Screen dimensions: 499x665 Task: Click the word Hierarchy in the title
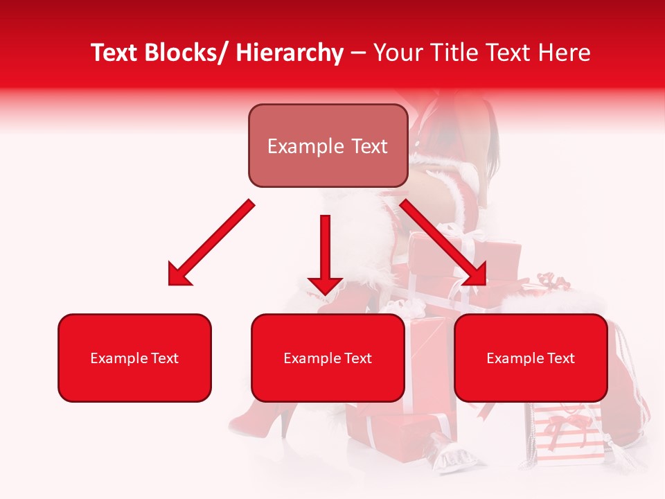point(290,53)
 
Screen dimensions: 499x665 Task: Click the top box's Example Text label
point(328,146)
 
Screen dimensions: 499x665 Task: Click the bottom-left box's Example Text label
point(134,358)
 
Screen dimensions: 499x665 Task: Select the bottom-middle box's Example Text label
point(328,358)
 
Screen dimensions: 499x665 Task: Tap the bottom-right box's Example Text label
point(531,358)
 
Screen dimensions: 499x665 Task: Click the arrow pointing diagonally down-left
point(212,242)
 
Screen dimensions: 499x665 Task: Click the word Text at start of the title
point(115,53)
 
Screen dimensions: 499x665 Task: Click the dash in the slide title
point(358,53)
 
